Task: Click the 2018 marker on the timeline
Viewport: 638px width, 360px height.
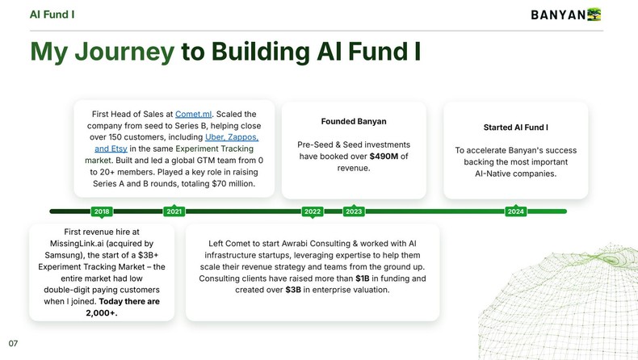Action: (102, 211)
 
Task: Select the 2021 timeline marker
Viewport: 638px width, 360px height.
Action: (174, 211)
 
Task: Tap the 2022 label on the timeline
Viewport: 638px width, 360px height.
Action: (313, 211)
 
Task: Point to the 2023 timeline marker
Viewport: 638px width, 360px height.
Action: (354, 211)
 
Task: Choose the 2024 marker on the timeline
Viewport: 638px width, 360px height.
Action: (515, 211)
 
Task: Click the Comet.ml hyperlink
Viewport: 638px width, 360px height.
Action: (193, 115)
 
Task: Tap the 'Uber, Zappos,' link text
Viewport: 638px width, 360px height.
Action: (232, 137)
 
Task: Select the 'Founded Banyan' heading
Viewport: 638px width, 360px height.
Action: (354, 122)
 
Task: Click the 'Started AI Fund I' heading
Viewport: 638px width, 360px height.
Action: (515, 128)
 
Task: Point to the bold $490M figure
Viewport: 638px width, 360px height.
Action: (384, 156)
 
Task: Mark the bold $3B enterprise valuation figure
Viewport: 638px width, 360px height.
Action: (293, 290)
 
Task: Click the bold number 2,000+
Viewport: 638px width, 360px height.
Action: (101, 313)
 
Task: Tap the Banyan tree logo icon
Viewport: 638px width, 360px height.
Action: (594, 14)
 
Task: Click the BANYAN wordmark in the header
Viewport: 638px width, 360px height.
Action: (557, 15)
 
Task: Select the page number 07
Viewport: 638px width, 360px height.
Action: (13, 343)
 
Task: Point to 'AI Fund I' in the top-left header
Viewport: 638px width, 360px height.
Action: (52, 14)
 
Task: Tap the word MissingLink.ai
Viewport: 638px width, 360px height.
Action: (77, 243)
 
